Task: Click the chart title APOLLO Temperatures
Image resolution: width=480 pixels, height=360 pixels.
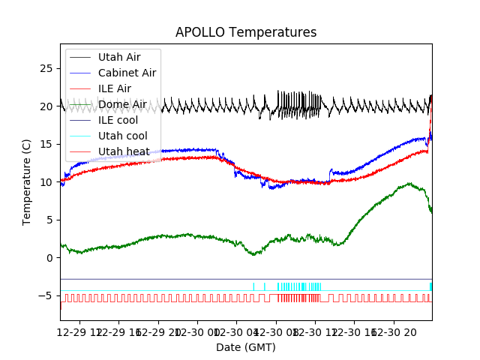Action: pos(246,32)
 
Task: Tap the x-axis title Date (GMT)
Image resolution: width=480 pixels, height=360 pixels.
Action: pos(246,347)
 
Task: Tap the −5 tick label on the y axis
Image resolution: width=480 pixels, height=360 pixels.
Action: pos(46,295)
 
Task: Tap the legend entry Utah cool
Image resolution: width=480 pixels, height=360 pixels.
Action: pos(121,136)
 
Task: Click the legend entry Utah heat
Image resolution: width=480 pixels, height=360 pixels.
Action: pos(121,151)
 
